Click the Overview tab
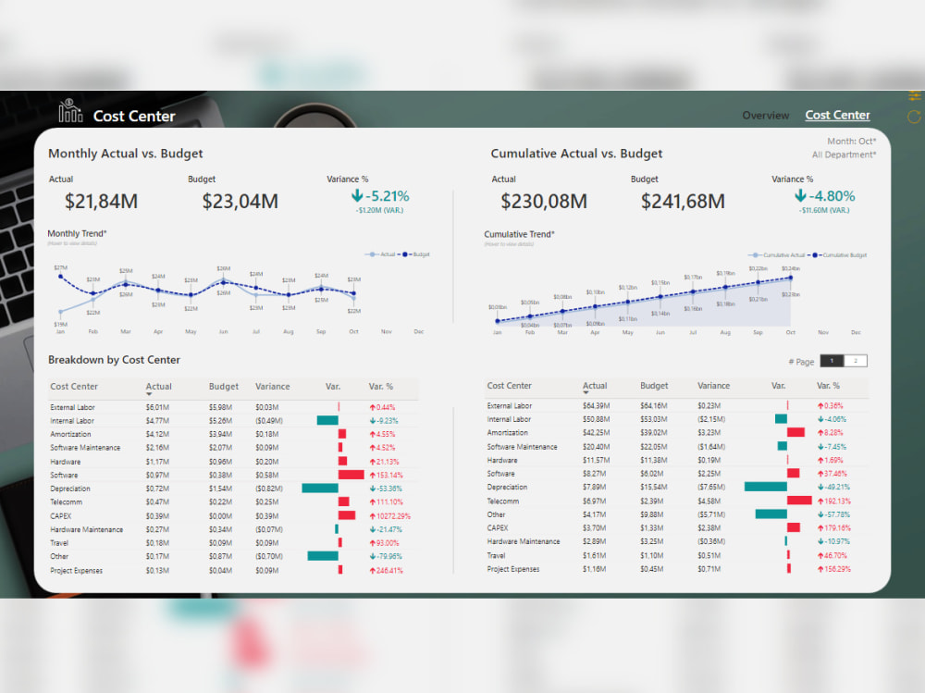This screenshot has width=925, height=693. pyautogui.click(x=765, y=116)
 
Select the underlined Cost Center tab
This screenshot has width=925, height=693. pyautogui.click(x=837, y=116)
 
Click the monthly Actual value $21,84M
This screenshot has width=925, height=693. pyautogui.click(x=101, y=201)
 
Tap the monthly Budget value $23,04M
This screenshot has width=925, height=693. pyautogui.click(x=240, y=201)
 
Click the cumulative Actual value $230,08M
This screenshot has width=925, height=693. pyautogui.click(x=544, y=201)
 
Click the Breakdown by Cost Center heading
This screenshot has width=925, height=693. pyautogui.click(x=114, y=360)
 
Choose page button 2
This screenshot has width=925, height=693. pyautogui.click(x=855, y=361)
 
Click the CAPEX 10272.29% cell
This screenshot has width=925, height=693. pyautogui.click(x=389, y=516)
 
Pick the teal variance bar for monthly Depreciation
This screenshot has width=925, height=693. pyautogui.click(x=320, y=489)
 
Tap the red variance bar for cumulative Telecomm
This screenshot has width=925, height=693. pyautogui.click(x=799, y=500)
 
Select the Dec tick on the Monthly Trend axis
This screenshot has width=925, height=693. pyautogui.click(x=418, y=331)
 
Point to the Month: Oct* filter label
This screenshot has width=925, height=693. pyautogui.click(x=851, y=142)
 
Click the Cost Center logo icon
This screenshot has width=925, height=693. pyautogui.click(x=70, y=112)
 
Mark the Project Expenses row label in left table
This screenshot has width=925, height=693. pyautogui.click(x=76, y=571)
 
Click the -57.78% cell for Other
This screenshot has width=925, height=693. pyautogui.click(x=836, y=514)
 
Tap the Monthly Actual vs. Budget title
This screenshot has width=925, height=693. pyautogui.click(x=125, y=154)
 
